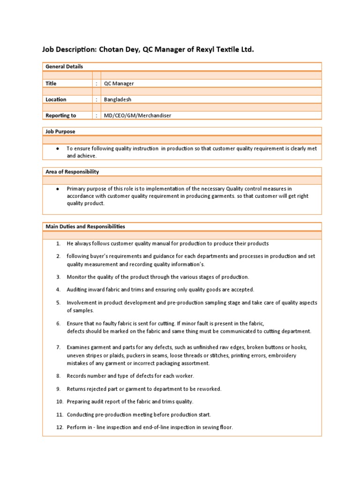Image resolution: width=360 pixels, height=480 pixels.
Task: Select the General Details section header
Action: pos(64,67)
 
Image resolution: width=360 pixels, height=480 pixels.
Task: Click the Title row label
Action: pos(51,83)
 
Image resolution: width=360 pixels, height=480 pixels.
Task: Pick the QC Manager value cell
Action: pos(119,83)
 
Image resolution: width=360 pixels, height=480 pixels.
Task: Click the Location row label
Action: pos(56,99)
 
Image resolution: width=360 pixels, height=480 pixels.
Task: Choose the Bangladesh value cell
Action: pos(118,99)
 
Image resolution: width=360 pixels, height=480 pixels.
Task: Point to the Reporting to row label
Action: pos(60,115)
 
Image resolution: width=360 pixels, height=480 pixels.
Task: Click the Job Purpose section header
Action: pos(60,132)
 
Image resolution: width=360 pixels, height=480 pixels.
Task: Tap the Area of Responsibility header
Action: pos(72,172)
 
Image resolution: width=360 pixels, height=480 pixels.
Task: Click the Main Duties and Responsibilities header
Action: pos(85,226)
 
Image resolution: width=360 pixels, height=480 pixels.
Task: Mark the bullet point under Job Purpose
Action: pos(57,148)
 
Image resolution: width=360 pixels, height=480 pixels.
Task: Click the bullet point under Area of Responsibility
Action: pos(57,188)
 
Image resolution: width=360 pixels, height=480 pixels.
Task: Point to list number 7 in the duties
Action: pos(59,347)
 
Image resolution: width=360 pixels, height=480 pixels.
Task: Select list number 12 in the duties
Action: pos(60,427)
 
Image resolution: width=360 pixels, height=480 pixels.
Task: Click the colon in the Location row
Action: pos(96,99)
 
